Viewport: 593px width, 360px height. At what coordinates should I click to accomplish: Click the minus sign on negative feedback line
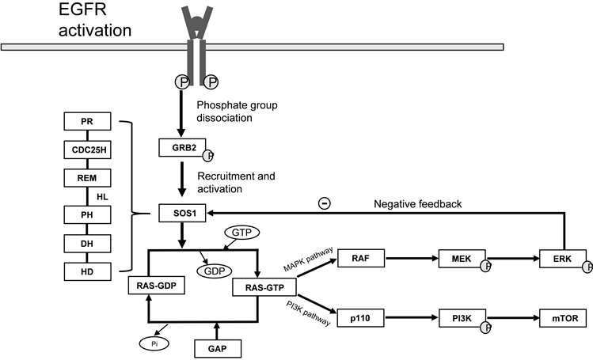tap(325, 203)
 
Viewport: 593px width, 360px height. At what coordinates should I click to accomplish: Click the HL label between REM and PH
tap(102, 195)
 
